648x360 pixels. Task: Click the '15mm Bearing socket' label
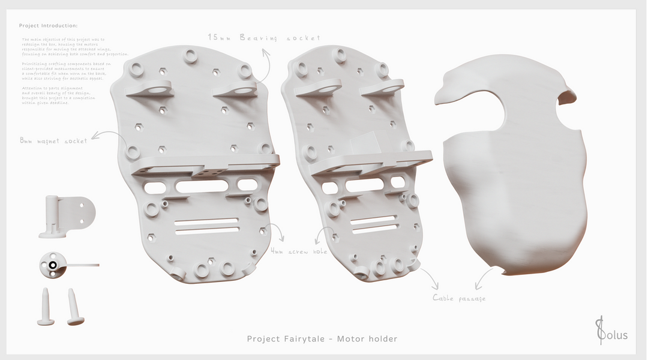click(264, 37)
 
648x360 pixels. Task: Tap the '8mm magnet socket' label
click(53, 141)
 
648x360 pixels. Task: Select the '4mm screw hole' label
click(299, 252)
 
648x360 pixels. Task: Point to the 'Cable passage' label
click(459, 298)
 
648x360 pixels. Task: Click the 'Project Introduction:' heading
click(48, 26)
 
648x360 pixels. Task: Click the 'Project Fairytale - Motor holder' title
click(322, 339)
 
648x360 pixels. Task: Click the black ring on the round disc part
click(53, 265)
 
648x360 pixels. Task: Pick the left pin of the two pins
click(46, 306)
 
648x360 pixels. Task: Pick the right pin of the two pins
click(74, 306)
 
